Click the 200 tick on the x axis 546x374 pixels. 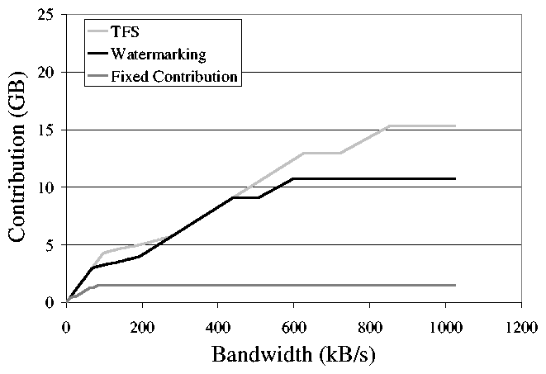pyautogui.click(x=142, y=324)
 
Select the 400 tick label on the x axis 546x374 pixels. pyautogui.click(x=218, y=324)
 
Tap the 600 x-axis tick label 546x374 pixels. pyautogui.click(x=294, y=324)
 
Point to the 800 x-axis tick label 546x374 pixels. pyautogui.click(x=369, y=324)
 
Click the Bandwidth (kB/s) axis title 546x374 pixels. pyautogui.click(x=294, y=355)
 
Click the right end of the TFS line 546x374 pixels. pyautogui.click(x=455, y=126)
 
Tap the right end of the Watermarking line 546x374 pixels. pyautogui.click(x=455, y=178)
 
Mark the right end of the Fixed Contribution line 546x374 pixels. pyautogui.click(x=455, y=285)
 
